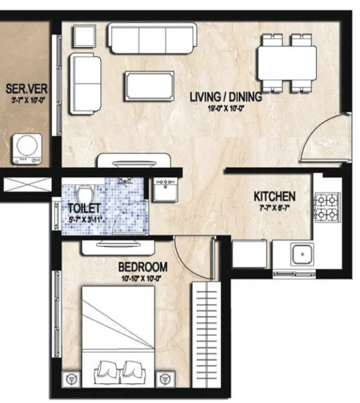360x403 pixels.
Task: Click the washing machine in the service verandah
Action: point(27,149)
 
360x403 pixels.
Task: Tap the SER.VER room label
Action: point(27,89)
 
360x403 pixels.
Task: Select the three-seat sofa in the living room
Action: point(152,38)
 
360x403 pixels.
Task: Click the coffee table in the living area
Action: point(150,86)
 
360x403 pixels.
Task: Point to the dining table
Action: point(287,63)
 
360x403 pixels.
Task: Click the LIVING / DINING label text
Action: point(226,97)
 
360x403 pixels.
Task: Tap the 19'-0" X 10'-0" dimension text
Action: point(226,109)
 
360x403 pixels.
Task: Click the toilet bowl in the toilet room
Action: point(83,193)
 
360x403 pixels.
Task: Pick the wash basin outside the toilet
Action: point(165,190)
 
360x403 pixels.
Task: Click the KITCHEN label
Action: point(274,197)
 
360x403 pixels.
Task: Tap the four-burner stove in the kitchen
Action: point(326,207)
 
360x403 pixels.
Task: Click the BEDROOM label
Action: point(143,267)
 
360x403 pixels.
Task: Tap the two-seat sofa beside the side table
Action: point(85,83)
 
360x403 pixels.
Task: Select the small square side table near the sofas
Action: point(85,36)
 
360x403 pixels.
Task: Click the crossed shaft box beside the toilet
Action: point(27,185)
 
